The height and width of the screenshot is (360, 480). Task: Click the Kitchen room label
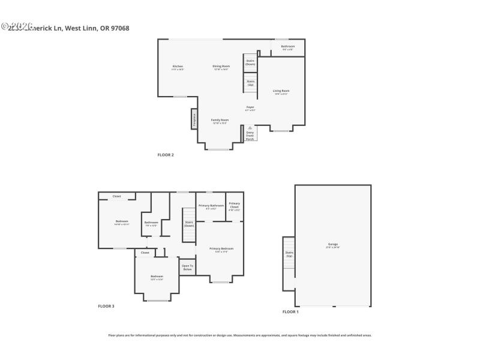178,67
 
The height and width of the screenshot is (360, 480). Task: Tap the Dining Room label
221,67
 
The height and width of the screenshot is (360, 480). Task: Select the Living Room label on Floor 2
281,92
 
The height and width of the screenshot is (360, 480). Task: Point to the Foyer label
250,109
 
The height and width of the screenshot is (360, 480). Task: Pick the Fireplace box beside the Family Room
194,119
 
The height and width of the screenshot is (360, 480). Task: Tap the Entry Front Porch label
250,136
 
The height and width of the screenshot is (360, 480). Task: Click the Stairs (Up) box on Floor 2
250,82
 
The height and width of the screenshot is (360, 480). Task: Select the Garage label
332,245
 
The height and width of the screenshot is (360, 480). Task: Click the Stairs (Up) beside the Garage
289,254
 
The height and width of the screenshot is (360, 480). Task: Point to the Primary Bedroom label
221,250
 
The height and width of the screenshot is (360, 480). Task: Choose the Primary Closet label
235,206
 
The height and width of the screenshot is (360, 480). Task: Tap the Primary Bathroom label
211,206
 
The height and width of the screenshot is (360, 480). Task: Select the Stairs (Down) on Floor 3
189,223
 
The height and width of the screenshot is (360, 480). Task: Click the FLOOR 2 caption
166,155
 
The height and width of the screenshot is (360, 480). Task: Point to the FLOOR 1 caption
290,311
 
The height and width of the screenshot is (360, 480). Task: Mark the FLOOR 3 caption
106,306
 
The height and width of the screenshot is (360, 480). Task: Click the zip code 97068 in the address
119,28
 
